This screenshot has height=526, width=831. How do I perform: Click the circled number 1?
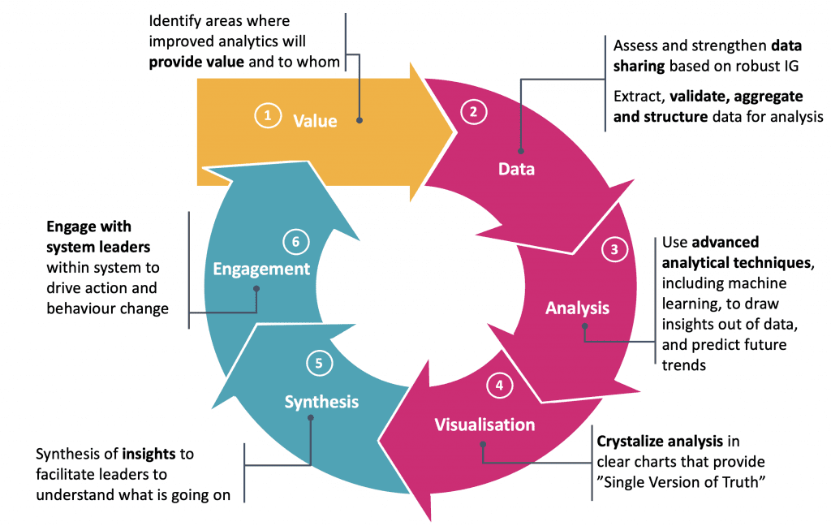tap(267, 116)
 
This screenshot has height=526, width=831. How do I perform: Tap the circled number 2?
tap(473, 112)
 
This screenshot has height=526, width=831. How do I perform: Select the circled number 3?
tap(615, 250)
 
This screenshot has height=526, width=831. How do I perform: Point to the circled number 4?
tap(499, 386)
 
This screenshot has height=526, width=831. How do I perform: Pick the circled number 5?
tap(319, 364)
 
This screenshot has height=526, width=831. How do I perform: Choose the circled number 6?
tap(295, 240)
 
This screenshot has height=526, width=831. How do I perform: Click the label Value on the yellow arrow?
tap(315, 121)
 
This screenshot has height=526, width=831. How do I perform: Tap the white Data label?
tap(516, 169)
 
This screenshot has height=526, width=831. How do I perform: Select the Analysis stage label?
tap(577, 308)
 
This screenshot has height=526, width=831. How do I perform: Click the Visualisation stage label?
tap(484, 425)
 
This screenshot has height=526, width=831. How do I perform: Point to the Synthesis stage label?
tap(321, 401)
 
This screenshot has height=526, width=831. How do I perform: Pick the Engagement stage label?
tap(261, 269)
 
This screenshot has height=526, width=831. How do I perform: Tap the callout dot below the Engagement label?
tap(256, 288)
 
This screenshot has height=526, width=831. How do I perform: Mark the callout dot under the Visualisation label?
tap(483, 445)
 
